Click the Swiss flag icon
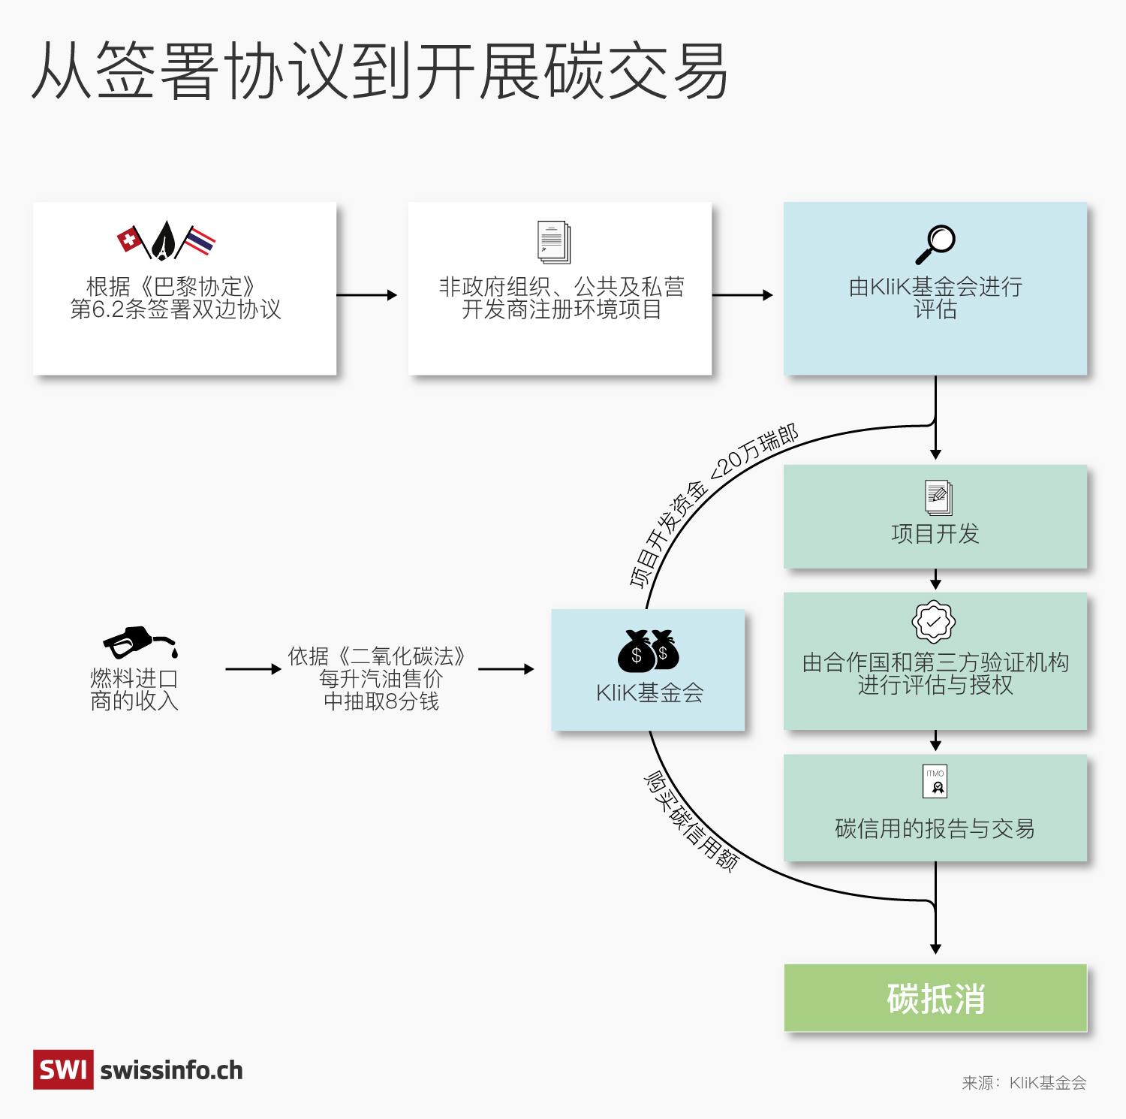pos(131,240)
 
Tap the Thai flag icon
pos(200,241)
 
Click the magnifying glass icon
pos(935,244)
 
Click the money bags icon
pos(649,650)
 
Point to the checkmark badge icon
pos(933,622)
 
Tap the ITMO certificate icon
pos(935,781)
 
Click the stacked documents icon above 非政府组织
pos(554,242)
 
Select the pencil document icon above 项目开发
pos(938,497)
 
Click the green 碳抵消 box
pos(935,998)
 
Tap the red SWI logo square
pos(63,1069)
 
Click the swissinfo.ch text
pos(172,1070)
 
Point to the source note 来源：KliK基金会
pos(1024,1082)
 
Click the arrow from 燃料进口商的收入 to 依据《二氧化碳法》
pos(253,669)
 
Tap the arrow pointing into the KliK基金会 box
pos(506,669)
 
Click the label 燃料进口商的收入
pos(134,689)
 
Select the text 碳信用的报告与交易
pos(935,828)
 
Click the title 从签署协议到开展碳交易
pos(380,71)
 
